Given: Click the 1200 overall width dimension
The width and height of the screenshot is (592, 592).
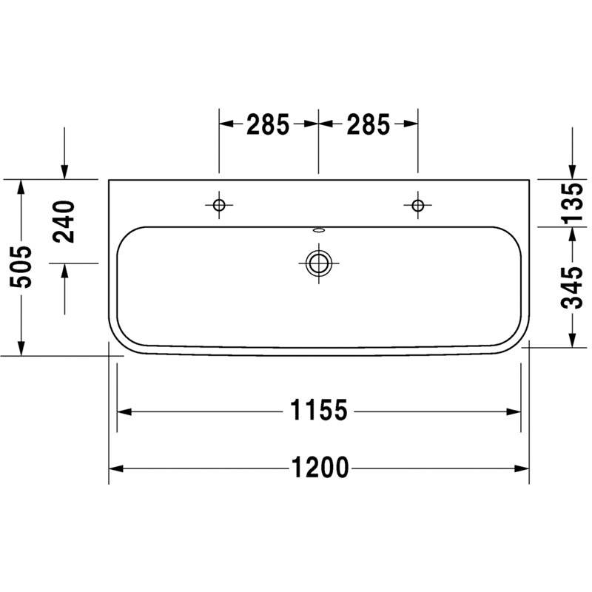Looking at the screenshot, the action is tap(320, 468).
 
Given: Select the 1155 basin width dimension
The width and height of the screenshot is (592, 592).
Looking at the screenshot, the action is tap(318, 411).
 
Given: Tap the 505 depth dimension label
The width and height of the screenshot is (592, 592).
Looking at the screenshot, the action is tap(21, 267).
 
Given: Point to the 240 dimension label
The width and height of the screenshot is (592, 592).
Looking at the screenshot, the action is tap(64, 221).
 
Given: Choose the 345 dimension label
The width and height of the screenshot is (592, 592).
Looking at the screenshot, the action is tap(572, 288).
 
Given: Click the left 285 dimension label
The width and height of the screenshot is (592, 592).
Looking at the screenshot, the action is tap(268, 124).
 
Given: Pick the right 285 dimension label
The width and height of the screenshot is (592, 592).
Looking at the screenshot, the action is tap(368, 124).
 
